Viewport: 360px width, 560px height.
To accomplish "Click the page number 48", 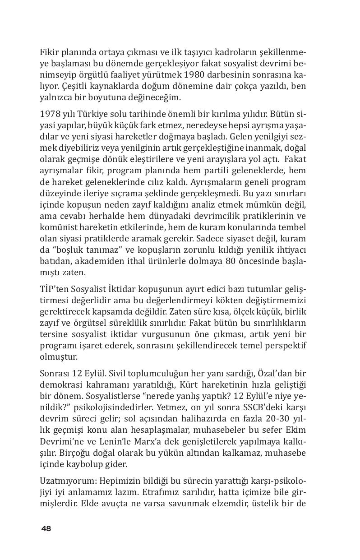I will [x=46, y=528].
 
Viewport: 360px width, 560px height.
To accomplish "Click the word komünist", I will [x=59, y=227].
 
